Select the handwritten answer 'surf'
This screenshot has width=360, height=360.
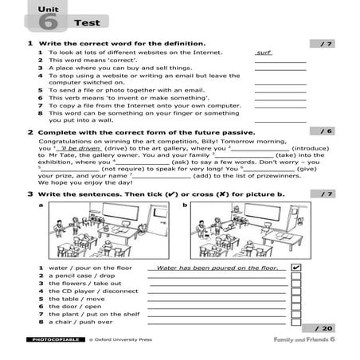coord(264,52)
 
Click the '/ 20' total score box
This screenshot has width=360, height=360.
coord(323,328)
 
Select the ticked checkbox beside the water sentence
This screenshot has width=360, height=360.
coord(296,268)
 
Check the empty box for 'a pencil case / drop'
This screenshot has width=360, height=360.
coord(296,278)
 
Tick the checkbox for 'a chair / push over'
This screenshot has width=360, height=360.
coord(296,321)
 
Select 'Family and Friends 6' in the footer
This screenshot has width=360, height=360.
coord(303,340)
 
